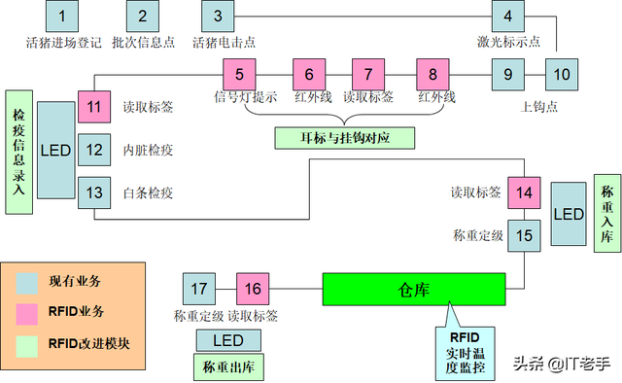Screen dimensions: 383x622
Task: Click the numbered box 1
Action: coord(62,16)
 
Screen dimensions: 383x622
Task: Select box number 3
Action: coord(218,16)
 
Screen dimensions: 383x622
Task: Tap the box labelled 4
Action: coord(507,17)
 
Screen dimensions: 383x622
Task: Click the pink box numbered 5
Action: coord(239,74)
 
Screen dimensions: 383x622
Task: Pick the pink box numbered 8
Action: coord(433,74)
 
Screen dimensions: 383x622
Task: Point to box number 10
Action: coord(561,74)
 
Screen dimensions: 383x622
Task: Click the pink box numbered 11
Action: coord(94,107)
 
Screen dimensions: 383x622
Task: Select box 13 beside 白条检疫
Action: coord(94,192)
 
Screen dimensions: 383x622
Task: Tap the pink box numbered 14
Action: coord(525,192)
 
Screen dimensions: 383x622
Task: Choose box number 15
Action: coord(525,235)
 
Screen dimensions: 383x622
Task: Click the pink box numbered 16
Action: coord(252,289)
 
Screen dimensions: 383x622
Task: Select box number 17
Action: coord(199,289)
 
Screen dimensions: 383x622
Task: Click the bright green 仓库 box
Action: coord(414,290)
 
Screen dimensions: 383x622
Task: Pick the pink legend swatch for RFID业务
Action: coord(27,311)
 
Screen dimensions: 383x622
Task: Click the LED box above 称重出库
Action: coord(227,340)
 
